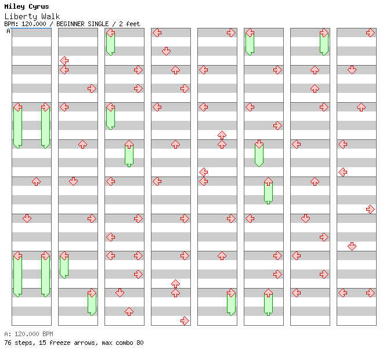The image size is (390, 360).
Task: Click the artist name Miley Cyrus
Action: [27, 6]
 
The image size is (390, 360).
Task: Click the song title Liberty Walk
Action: [32, 16]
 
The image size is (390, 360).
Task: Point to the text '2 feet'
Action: [129, 24]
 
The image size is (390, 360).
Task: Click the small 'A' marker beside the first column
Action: [8, 31]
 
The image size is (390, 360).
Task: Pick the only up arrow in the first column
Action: [36, 181]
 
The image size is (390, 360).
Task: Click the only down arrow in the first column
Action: [27, 218]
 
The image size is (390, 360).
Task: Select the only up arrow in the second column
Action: [82, 144]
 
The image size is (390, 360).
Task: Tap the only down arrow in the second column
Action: [73, 181]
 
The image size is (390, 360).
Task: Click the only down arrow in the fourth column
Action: [166, 51]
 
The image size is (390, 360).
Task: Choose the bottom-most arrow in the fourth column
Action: [185, 321]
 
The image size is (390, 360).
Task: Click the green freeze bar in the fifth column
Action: [231, 303]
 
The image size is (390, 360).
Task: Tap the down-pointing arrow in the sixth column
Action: [259, 144]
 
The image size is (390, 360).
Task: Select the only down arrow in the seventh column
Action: [305, 218]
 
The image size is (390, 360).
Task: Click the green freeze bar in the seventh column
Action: [324, 43]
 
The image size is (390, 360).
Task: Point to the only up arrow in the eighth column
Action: [361, 107]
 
